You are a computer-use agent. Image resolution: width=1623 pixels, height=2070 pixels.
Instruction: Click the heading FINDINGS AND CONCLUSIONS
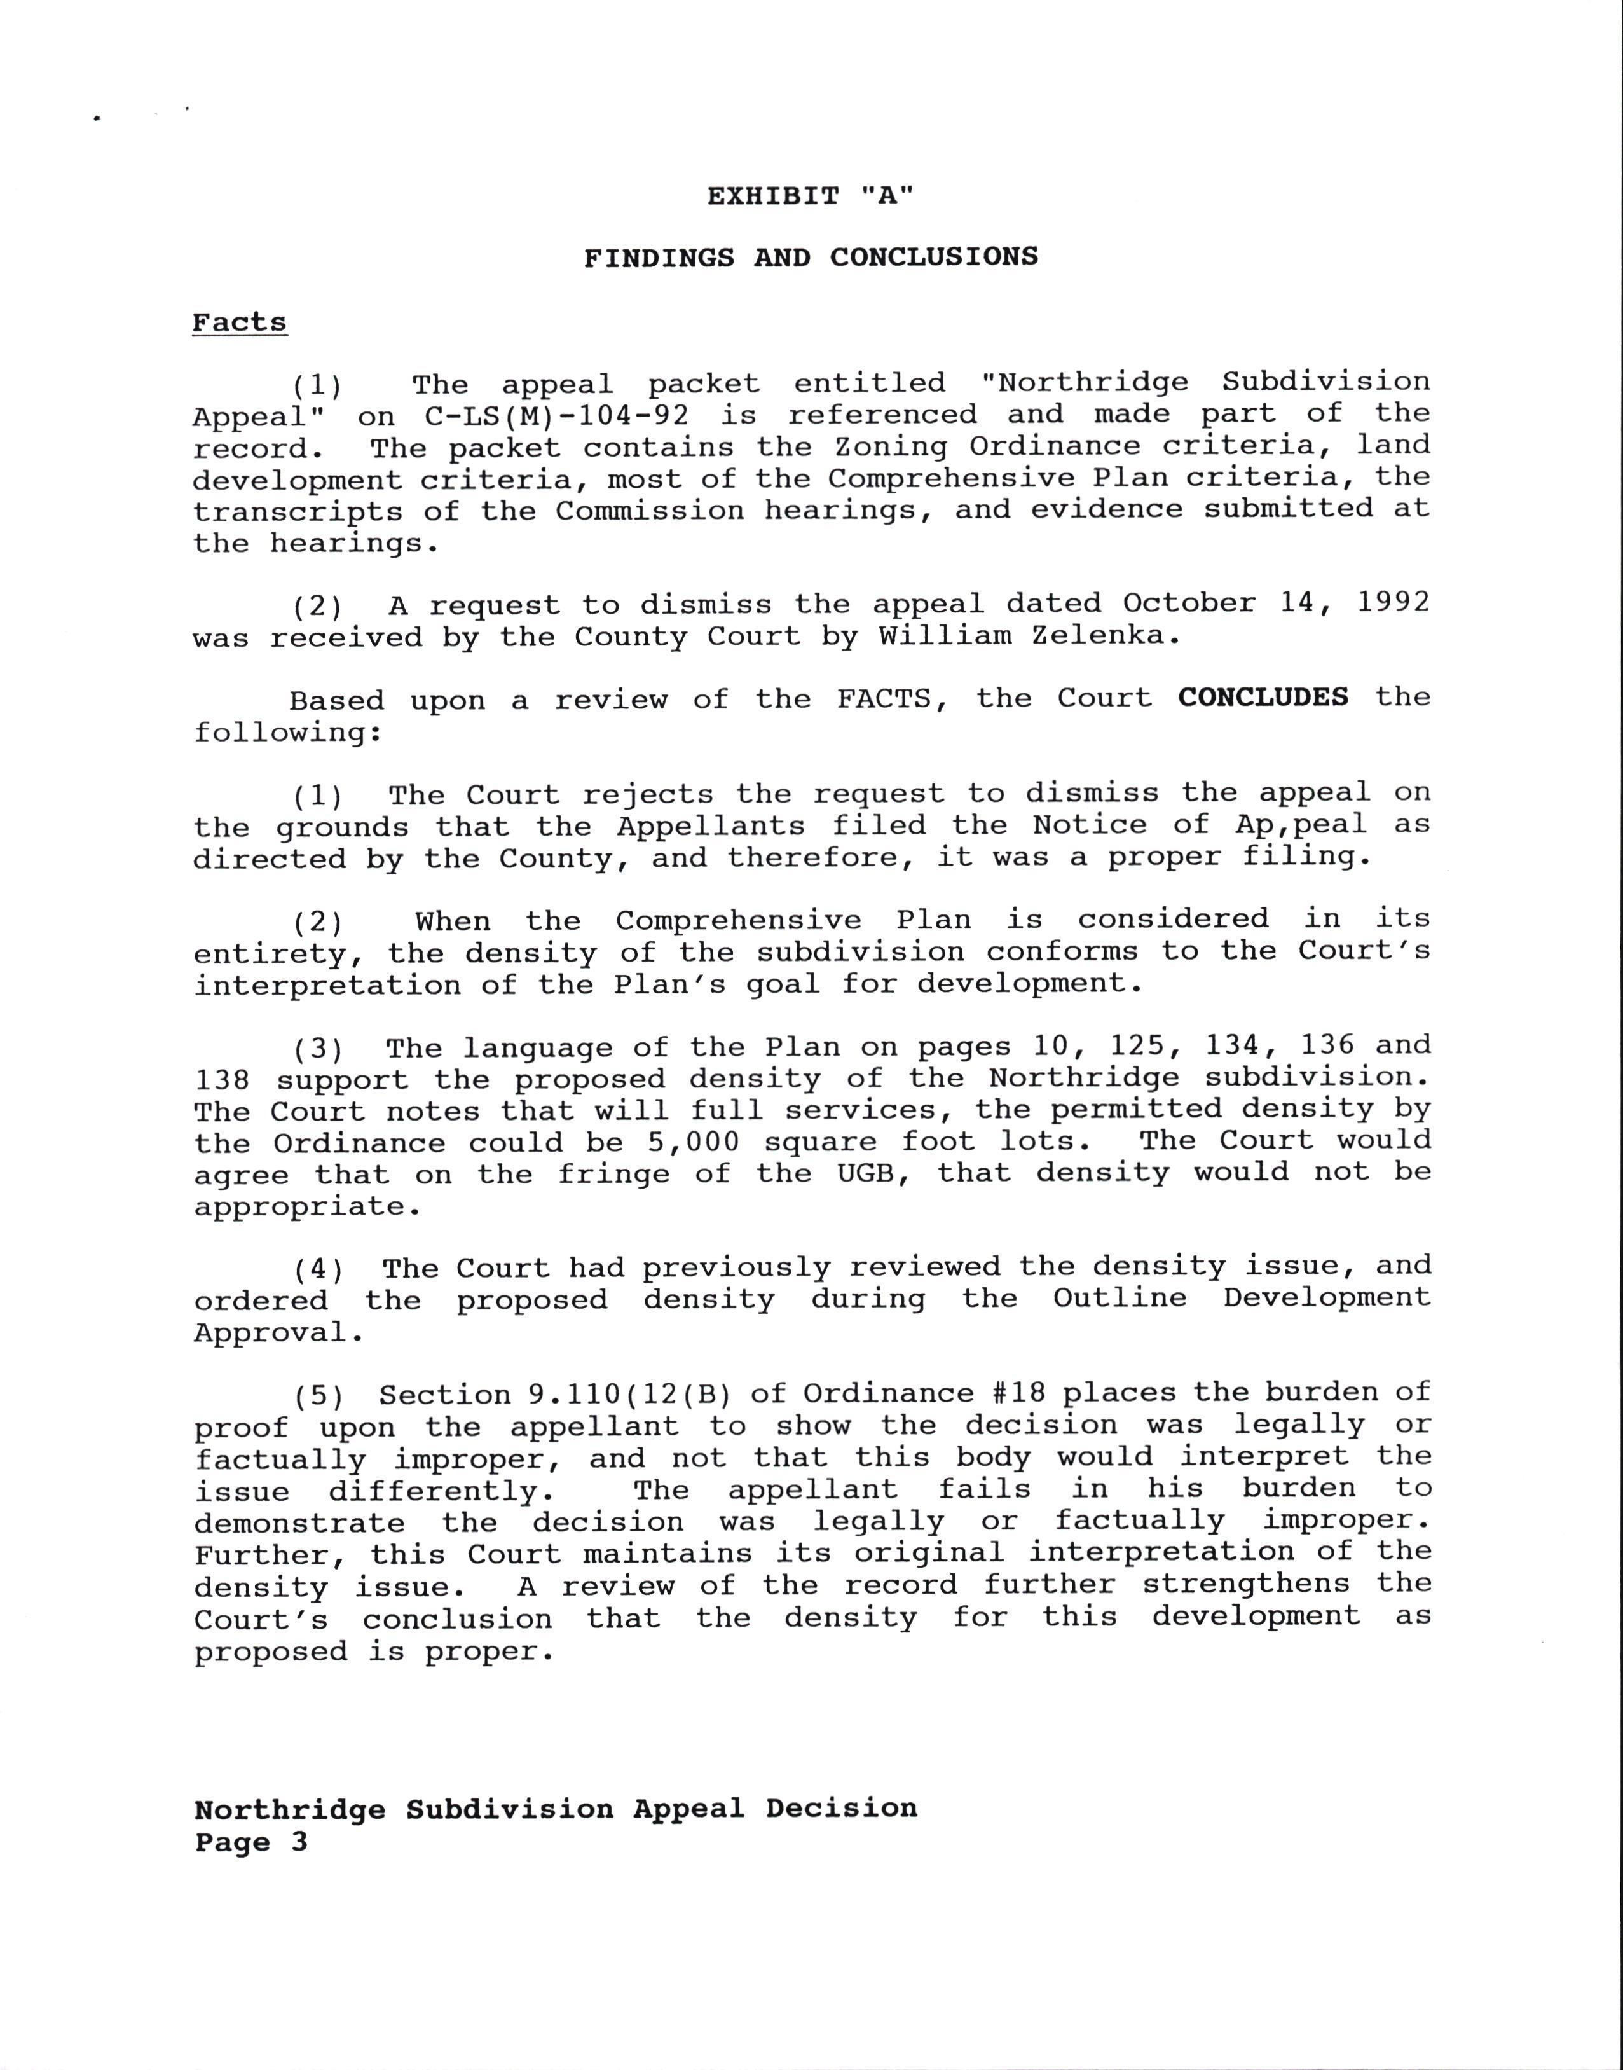pyautogui.click(x=811, y=258)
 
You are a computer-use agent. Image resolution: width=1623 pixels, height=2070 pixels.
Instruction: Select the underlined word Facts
pyautogui.click(x=240, y=322)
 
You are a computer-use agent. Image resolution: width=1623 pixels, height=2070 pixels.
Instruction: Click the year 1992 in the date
pyautogui.click(x=1393, y=603)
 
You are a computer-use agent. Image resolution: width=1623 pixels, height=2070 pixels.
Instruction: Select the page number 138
pyautogui.click(x=223, y=1080)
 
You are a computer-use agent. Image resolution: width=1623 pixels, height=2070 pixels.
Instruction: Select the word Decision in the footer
pyautogui.click(x=841, y=1808)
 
